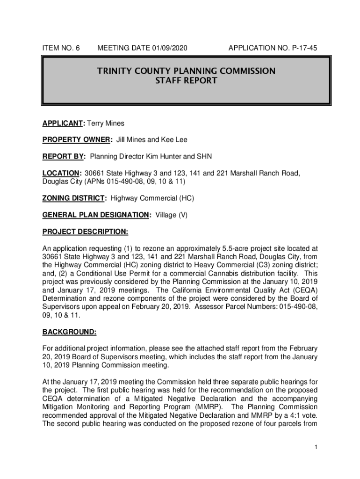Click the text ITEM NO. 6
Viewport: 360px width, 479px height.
61,48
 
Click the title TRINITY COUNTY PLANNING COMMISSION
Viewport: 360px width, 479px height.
186,71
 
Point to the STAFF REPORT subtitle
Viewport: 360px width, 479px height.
186,80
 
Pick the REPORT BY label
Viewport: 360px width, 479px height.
64,156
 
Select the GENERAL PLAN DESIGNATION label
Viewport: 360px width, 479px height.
97,215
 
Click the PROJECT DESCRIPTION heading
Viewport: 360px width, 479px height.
85,232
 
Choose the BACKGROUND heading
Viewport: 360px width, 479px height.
69,332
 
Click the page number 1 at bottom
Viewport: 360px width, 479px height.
316,448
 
